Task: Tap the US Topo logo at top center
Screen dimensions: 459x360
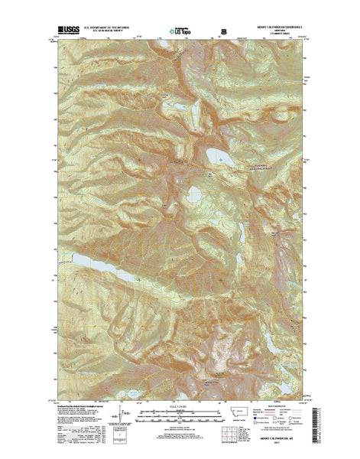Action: [180, 32]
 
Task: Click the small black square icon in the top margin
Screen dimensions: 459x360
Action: [224, 32]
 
